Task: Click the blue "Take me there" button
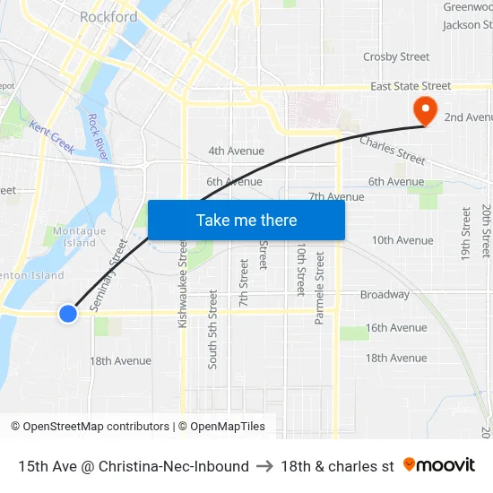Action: [x=246, y=221]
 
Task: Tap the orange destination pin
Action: [x=422, y=111]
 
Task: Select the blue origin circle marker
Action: [x=68, y=313]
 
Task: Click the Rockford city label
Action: [x=108, y=17]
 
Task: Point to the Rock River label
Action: [x=98, y=137]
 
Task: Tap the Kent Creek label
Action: [x=52, y=136]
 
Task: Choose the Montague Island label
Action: [x=80, y=237]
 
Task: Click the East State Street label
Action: [x=411, y=86]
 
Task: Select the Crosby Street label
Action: [x=396, y=56]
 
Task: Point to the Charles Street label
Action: [x=393, y=149]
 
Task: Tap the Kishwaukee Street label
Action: [x=183, y=282]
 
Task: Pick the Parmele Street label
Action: [x=320, y=287]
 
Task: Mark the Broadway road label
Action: [x=385, y=294]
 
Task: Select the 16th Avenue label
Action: [x=396, y=327]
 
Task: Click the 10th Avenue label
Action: [x=402, y=239]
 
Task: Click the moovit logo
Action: [x=438, y=465]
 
